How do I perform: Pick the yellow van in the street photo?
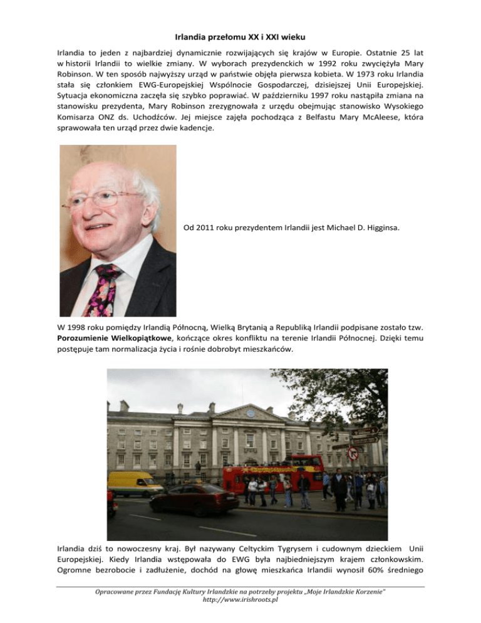pyautogui.click(x=135, y=483)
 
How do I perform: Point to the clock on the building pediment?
pyautogui.click(x=251, y=413)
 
